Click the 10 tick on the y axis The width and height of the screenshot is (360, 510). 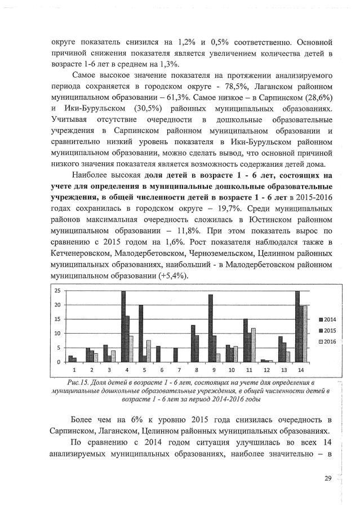(x=57, y=334)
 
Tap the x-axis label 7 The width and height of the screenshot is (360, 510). (x=176, y=370)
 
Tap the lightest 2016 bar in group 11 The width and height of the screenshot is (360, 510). (x=254, y=345)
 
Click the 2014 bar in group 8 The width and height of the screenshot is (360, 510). (x=193, y=343)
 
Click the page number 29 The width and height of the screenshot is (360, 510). (x=328, y=478)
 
